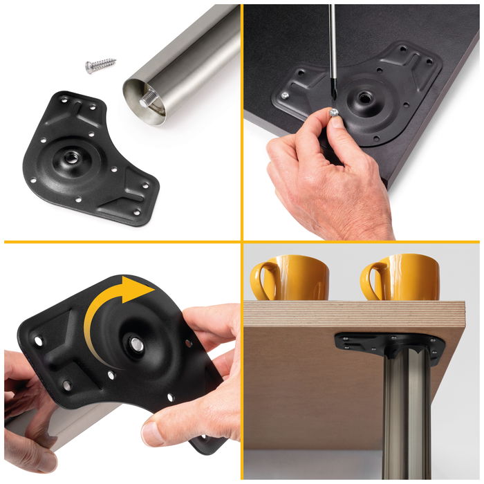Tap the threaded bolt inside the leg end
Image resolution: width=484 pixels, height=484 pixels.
point(149,100)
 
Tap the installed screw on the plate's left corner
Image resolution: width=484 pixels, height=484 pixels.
point(284,95)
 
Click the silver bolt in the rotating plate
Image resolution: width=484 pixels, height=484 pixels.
point(137,344)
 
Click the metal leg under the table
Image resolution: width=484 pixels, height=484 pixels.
point(400,415)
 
